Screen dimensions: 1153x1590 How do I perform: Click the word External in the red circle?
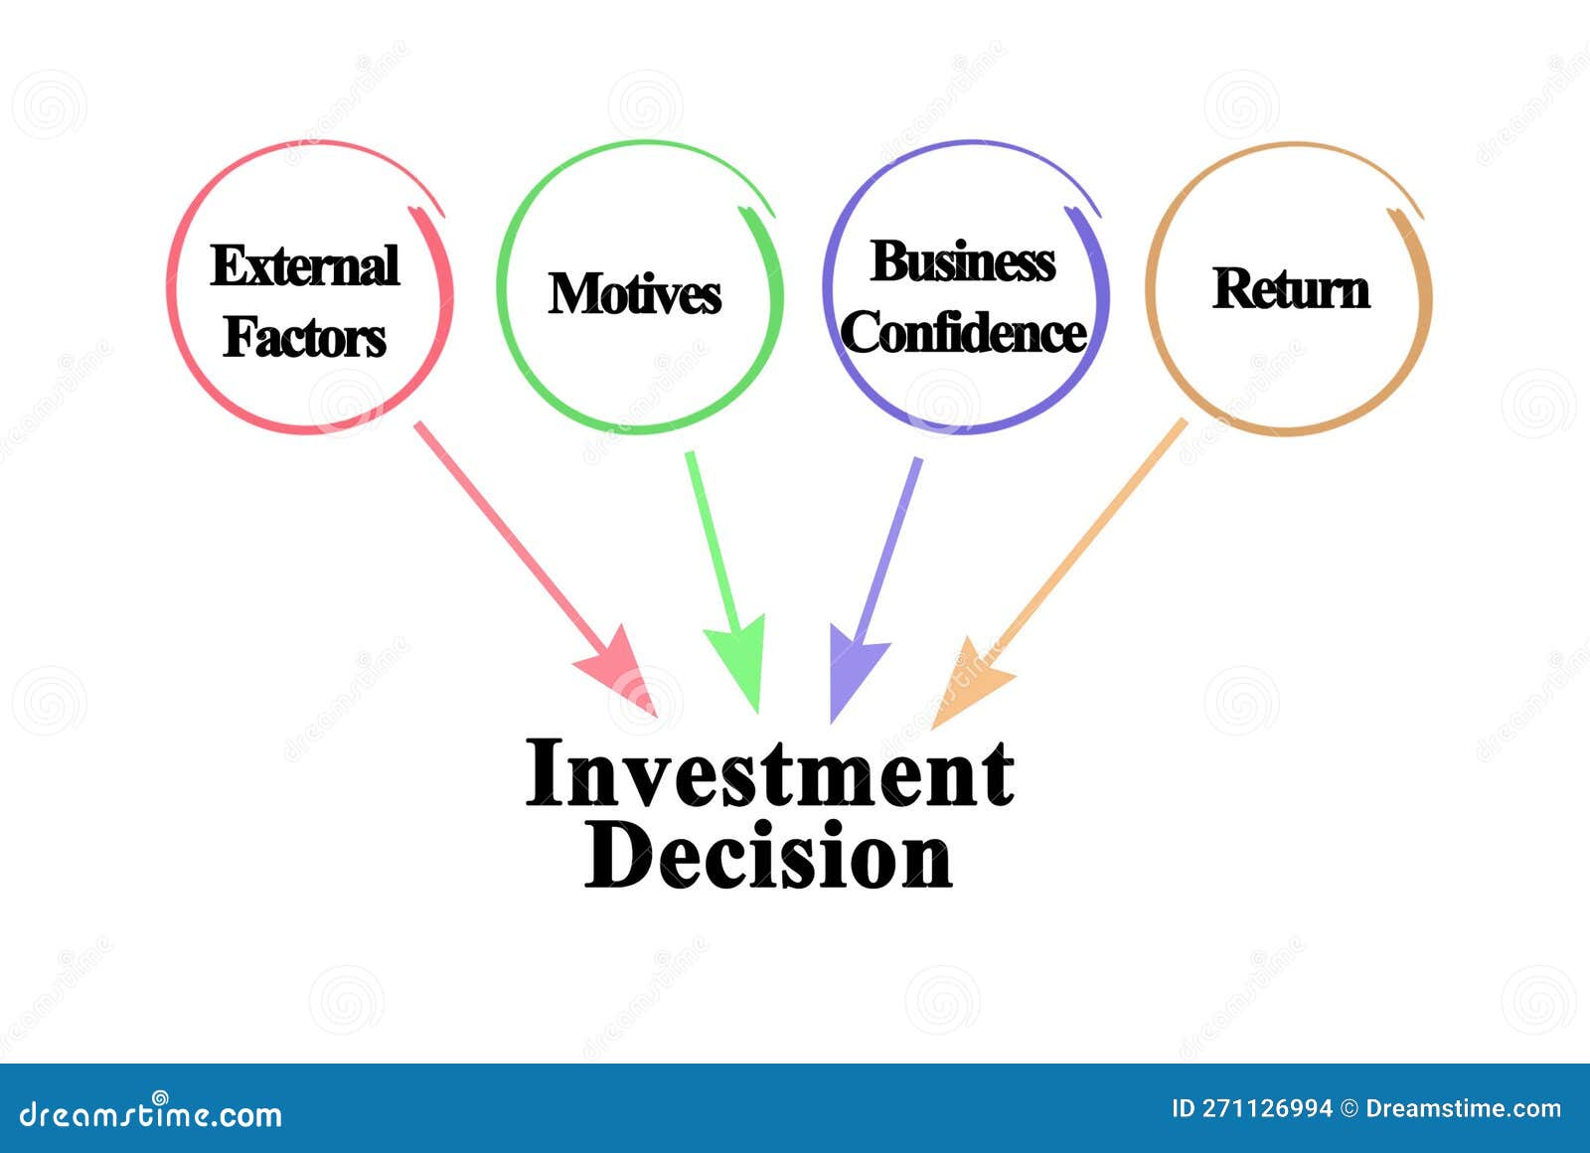coord(305,266)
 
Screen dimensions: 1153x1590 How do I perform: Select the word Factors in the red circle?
coord(305,337)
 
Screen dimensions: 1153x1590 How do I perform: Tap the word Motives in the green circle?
coord(635,294)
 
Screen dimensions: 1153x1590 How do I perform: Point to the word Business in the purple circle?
coord(963,262)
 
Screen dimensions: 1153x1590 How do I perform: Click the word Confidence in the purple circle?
coord(963,332)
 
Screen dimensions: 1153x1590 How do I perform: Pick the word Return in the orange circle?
coord(1291,289)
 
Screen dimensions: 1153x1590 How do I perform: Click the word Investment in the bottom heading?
coord(770,773)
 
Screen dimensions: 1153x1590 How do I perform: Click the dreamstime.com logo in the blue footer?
coord(151,1115)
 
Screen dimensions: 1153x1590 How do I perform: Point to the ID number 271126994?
coord(1266,1108)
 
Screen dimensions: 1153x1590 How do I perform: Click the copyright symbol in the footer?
coord(1349,1108)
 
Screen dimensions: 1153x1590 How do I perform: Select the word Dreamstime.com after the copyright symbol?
coord(1463,1108)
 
